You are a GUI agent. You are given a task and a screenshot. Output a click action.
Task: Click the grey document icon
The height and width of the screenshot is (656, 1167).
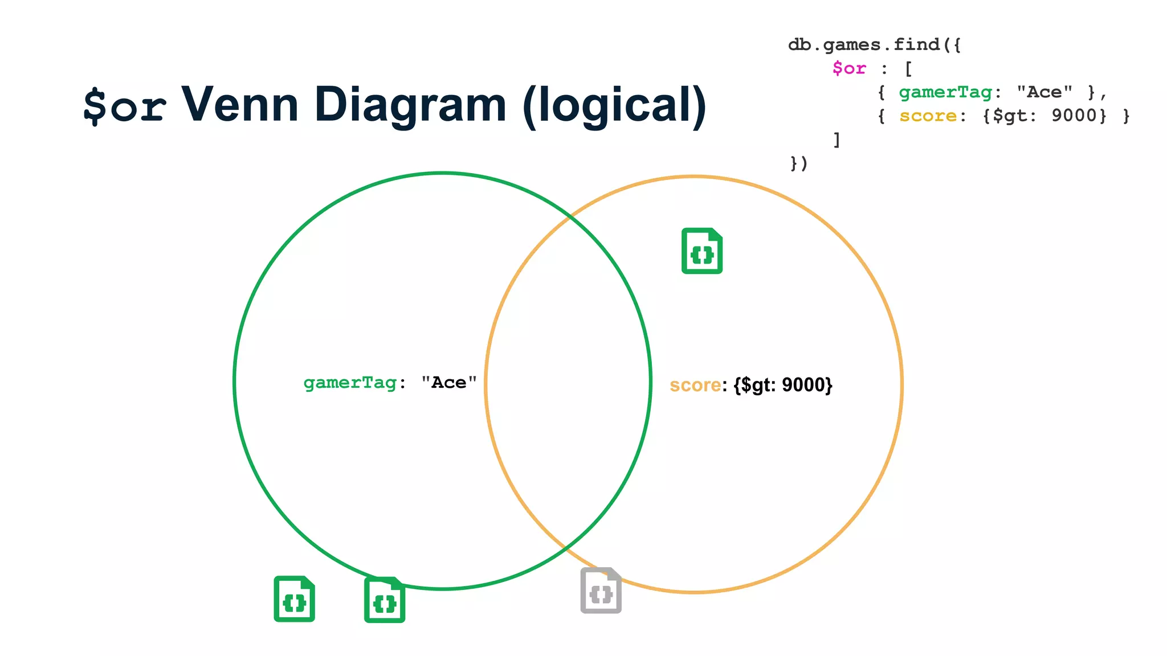[x=601, y=591]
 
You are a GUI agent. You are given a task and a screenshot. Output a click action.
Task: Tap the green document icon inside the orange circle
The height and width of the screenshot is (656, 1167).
[x=702, y=251]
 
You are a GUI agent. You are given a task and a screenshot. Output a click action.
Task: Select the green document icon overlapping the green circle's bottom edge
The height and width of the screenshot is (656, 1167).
[x=385, y=600]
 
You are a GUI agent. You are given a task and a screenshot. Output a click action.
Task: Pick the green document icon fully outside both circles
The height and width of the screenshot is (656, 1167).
[x=294, y=599]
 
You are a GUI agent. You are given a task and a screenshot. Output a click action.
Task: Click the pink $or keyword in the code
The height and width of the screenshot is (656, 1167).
[x=849, y=69]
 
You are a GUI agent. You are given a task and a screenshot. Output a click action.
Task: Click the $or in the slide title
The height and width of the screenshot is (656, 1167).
[x=125, y=106]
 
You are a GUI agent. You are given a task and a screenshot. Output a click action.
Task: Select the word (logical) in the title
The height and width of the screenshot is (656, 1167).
[x=614, y=106]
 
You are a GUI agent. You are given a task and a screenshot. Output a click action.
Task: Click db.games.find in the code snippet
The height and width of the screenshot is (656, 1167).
[x=864, y=44]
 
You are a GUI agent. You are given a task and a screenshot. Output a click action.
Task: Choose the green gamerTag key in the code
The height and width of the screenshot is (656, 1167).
[x=945, y=92]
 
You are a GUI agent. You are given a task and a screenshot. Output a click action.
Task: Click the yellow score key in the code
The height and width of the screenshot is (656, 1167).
[x=928, y=116]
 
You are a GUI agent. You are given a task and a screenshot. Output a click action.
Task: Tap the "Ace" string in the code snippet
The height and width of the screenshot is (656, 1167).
[x=1044, y=92]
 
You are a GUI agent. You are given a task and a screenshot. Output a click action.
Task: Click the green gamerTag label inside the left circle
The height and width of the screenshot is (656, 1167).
[x=350, y=383]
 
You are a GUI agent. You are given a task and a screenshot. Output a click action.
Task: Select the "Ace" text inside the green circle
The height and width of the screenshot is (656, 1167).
[x=448, y=383]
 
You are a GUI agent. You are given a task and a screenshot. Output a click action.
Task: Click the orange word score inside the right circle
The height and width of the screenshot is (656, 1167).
[x=695, y=386]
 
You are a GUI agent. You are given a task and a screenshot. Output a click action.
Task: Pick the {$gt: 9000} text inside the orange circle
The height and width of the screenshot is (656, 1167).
[x=783, y=386]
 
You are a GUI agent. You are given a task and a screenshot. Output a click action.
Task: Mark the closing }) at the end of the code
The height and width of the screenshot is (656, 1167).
[x=799, y=164]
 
